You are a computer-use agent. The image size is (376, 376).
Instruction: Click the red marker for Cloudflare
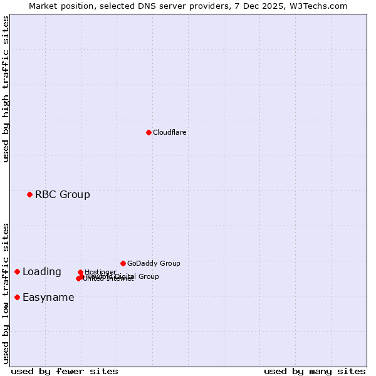pyautogui.click(x=149, y=132)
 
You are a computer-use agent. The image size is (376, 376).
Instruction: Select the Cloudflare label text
pyautogui.click(x=169, y=132)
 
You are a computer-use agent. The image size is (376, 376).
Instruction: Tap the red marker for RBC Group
pyautogui.click(x=29, y=194)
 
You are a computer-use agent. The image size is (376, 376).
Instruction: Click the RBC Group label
pyautogui.click(x=62, y=194)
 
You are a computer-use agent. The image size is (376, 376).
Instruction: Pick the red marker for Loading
pyautogui.click(x=17, y=271)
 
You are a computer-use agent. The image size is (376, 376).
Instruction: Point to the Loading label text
pyautogui.click(x=41, y=271)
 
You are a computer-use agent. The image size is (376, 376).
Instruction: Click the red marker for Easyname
pyautogui.click(x=17, y=297)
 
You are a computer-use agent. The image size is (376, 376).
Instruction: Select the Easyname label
pyautogui.click(x=48, y=297)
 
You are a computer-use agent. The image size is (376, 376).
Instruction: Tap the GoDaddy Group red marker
pyautogui.click(x=123, y=263)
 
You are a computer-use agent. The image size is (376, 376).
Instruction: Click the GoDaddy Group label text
pyautogui.click(x=154, y=263)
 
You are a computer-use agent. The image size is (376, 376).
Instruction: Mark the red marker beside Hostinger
pyautogui.click(x=81, y=272)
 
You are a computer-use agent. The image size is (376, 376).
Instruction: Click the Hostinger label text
pyautogui.click(x=100, y=272)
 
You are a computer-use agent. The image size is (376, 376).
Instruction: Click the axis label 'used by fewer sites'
pyautogui.click(x=65, y=371)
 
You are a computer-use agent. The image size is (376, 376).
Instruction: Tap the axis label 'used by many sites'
pyautogui.click(x=315, y=371)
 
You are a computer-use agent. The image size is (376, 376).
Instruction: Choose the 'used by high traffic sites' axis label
pyautogui.click(x=6, y=89)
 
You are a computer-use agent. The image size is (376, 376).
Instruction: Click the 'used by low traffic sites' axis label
pyautogui.click(x=6, y=293)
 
